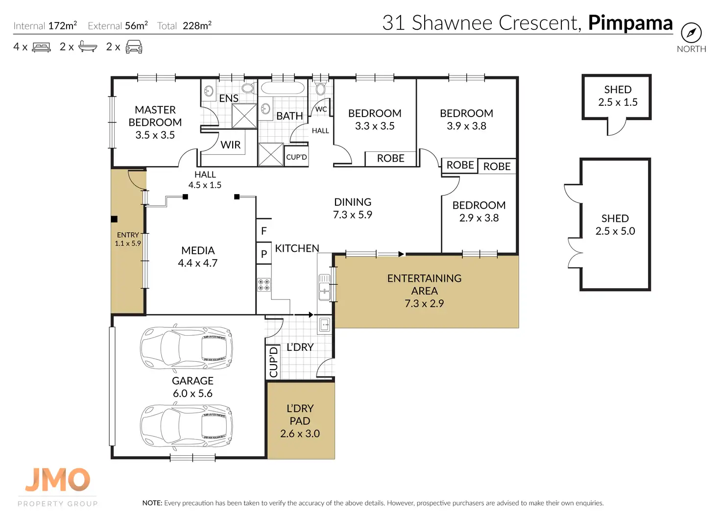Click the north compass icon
(691, 32)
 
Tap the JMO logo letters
(58, 480)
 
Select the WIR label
(231, 145)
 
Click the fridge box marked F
(264, 231)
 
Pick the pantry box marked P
(264, 253)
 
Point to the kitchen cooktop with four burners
(264, 284)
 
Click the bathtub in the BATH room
(282, 88)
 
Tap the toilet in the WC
(320, 87)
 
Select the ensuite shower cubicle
(244, 116)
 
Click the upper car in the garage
(186, 347)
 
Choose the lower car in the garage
(186, 425)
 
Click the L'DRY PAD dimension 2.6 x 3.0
(300, 434)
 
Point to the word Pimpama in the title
(630, 23)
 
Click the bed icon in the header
(42, 47)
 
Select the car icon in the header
(134, 47)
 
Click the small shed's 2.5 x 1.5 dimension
(618, 102)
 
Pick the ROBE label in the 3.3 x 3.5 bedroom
(390, 158)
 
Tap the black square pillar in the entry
(114, 219)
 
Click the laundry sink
(324, 325)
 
